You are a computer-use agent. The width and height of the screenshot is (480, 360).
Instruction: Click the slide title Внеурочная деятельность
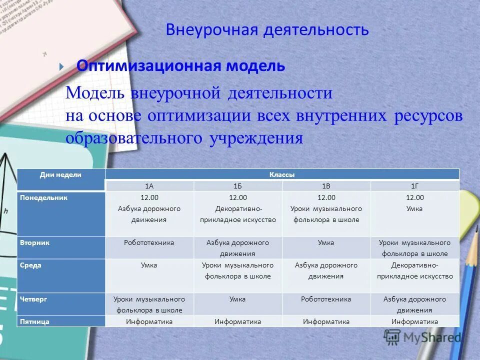[x=267, y=30]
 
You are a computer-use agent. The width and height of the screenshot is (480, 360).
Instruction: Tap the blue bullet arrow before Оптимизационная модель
[x=61, y=66]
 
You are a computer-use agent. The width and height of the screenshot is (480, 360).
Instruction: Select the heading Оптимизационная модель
[x=180, y=65]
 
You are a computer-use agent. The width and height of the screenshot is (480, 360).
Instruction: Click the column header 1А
[x=149, y=185]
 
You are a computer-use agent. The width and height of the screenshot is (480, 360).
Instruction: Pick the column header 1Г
[x=414, y=185]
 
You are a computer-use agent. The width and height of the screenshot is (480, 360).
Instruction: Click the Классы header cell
[x=282, y=174]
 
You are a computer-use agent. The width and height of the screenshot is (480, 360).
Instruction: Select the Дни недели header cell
[x=61, y=174]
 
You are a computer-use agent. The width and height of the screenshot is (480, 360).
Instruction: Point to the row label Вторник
[x=35, y=242]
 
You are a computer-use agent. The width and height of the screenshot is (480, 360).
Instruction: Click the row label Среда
[x=30, y=265]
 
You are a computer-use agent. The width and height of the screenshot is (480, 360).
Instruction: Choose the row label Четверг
[x=33, y=299]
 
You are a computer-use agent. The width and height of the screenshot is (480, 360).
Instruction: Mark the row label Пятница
[x=34, y=321]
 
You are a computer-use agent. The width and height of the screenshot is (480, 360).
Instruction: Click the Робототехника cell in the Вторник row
[x=149, y=242]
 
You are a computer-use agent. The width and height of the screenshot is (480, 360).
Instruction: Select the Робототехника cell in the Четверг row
[x=326, y=299]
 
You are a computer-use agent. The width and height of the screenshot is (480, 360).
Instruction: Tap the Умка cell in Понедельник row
[x=414, y=208]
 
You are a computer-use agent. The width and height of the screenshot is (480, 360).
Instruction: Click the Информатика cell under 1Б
[x=237, y=321]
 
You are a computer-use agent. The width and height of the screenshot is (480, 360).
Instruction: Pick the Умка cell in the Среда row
[x=149, y=265]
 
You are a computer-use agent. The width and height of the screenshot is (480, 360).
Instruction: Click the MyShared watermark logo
[x=423, y=337]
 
